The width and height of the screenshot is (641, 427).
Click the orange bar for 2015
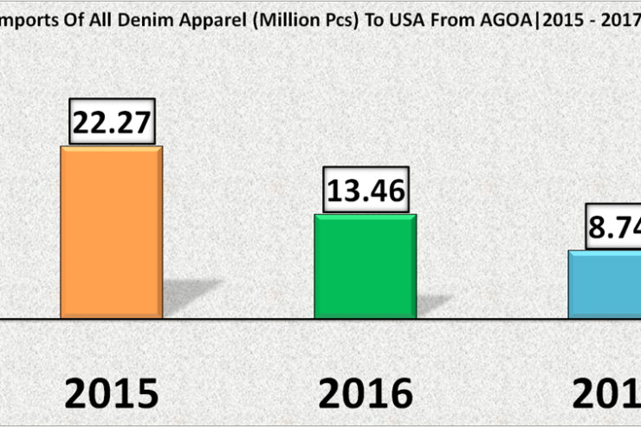click(111, 231)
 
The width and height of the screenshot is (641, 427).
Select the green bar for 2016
click(365, 266)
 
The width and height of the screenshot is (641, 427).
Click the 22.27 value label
click(111, 122)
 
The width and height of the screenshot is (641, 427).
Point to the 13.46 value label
click(365, 191)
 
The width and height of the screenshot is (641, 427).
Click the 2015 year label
click(113, 394)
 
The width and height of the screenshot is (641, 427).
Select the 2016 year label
click(365, 394)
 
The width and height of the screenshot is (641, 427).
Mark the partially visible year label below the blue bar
click(606, 394)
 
